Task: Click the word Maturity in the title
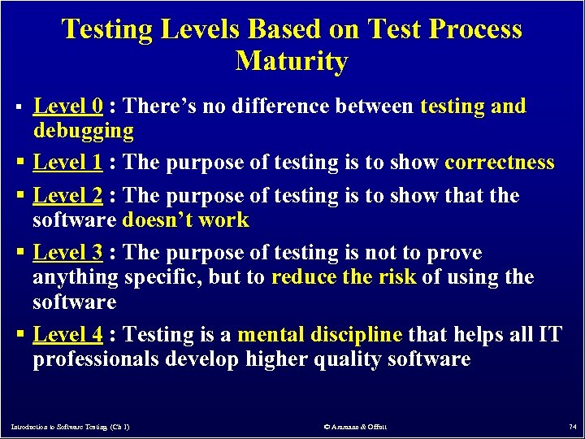click(292, 62)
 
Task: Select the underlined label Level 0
click(67, 106)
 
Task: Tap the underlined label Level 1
click(67, 163)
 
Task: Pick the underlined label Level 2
click(67, 196)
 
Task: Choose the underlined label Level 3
click(67, 253)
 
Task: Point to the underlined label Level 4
click(67, 334)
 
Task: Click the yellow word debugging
click(83, 131)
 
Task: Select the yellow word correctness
click(500, 163)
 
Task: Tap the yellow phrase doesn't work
click(185, 220)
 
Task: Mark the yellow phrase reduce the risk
click(343, 277)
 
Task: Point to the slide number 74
click(571, 426)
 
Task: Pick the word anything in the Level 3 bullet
click(76, 278)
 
